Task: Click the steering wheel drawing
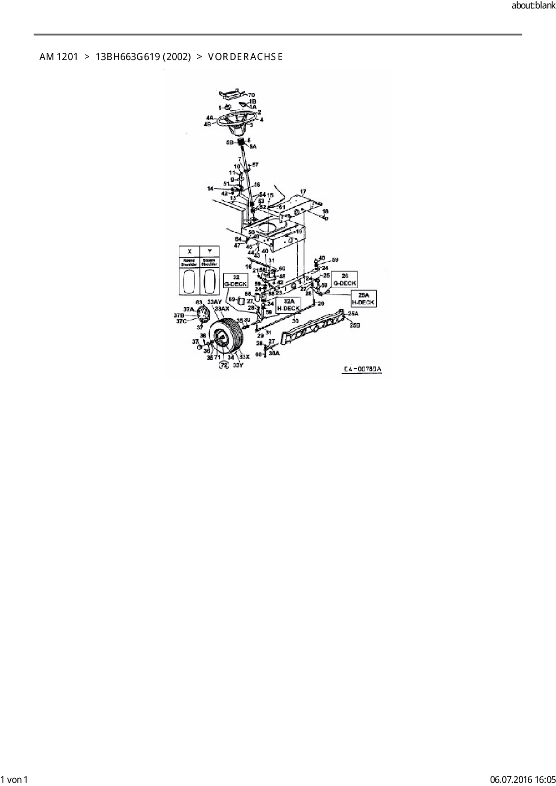coord(236,120)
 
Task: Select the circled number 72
coord(224,365)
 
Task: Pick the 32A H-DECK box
coord(288,305)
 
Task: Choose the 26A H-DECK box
coord(363,299)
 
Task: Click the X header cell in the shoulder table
coord(189,251)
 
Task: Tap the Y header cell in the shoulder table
coord(209,251)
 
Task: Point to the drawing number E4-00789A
coord(362,369)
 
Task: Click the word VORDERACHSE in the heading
coord(245,56)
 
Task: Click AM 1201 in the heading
coord(59,56)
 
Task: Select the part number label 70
coord(251,95)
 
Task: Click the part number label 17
coord(303,192)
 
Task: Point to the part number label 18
coord(326,211)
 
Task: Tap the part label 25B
coord(354,325)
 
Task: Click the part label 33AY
coord(215,302)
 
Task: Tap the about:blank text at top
coord(533,6)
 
